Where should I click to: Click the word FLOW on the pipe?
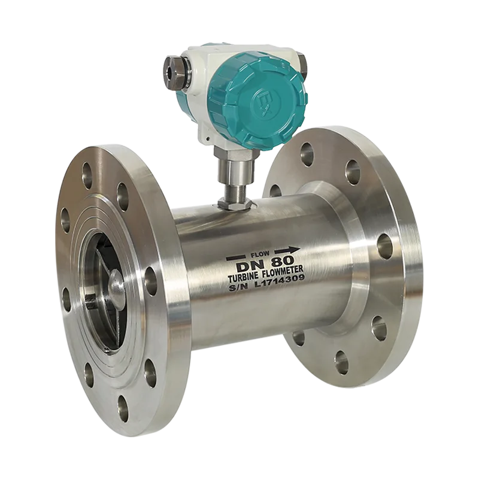tap(260, 253)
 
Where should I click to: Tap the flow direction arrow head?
tap(295, 250)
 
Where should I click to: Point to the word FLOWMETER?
tap(283, 271)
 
